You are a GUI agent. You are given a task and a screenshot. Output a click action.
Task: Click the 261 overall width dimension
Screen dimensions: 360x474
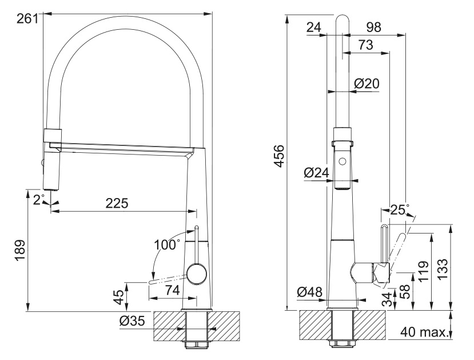pos(27,18)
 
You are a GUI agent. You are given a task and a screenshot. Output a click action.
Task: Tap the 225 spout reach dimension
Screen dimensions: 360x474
pos(117,203)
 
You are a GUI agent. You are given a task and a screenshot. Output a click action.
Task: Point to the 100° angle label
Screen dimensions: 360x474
pos(166,244)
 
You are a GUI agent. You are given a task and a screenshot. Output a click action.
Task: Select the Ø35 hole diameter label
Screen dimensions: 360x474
pos(133,321)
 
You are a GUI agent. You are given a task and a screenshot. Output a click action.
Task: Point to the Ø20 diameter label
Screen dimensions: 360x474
pos(367,84)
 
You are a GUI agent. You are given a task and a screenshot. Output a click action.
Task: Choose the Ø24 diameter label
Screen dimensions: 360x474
pos(316,172)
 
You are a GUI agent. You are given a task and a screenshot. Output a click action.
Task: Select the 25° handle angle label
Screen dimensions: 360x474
pos(399,210)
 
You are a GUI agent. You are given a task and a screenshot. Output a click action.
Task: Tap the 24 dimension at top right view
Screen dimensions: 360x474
pos(313,27)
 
